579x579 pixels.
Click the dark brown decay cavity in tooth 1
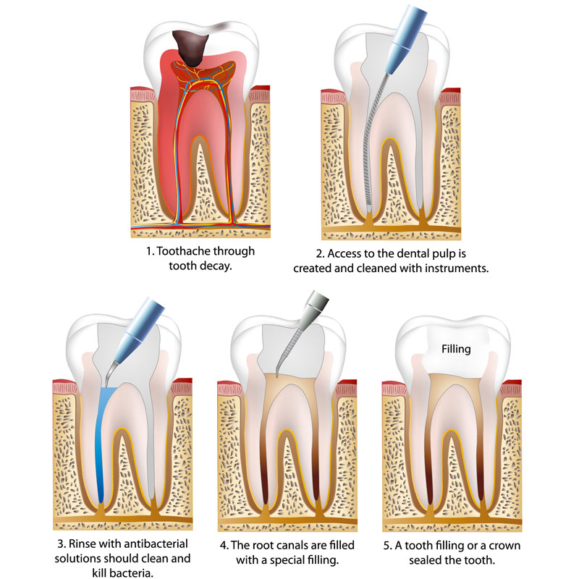point(190,46)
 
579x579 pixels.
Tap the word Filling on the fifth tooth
point(456,349)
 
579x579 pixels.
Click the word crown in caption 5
point(504,546)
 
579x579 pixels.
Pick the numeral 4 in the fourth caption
point(224,546)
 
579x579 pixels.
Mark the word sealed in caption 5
point(426,560)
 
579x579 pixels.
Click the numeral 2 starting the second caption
point(320,254)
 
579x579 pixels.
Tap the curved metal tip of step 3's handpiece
point(111,373)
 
